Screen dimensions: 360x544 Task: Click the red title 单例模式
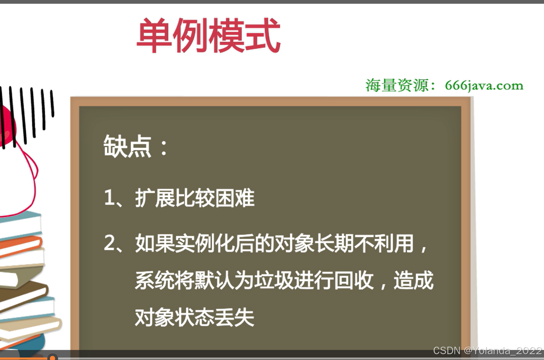tap(209, 37)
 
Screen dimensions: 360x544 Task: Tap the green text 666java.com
tap(484, 86)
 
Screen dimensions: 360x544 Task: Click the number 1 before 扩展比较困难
tap(109, 199)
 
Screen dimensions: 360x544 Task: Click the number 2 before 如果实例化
tap(109, 244)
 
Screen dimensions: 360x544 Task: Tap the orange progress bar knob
tap(52, 358)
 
